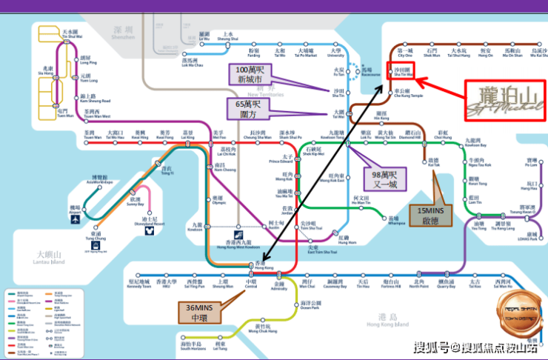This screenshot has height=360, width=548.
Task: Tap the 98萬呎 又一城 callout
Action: click(386, 178)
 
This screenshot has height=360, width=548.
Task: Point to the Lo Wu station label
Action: click(204, 36)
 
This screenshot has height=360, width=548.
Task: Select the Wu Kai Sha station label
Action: click(532, 53)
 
